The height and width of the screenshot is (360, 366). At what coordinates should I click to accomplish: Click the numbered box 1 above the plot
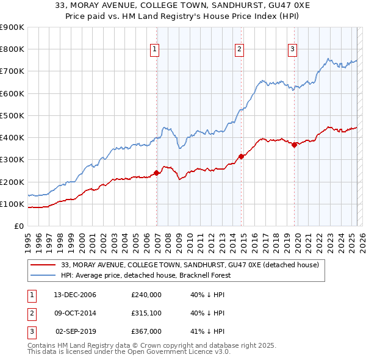pos(154,50)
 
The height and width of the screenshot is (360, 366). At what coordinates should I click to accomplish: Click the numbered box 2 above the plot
pos(239,50)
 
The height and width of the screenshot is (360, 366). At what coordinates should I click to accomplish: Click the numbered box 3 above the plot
pos(292,50)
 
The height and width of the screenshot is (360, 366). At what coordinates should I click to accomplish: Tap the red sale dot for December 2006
pos(157,173)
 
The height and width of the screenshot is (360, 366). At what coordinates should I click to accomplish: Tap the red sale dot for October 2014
pos(242,156)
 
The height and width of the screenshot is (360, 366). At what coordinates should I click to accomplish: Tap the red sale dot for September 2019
pos(294,145)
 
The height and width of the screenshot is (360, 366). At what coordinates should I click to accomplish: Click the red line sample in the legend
pos(43,265)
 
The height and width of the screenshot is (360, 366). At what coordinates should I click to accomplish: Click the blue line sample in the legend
pos(43,275)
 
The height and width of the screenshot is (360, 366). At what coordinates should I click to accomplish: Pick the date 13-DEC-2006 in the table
pos(75,295)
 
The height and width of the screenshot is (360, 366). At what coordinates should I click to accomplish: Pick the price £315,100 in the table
pos(146,313)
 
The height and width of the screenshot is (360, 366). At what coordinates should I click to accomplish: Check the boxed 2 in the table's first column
pos(32,313)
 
